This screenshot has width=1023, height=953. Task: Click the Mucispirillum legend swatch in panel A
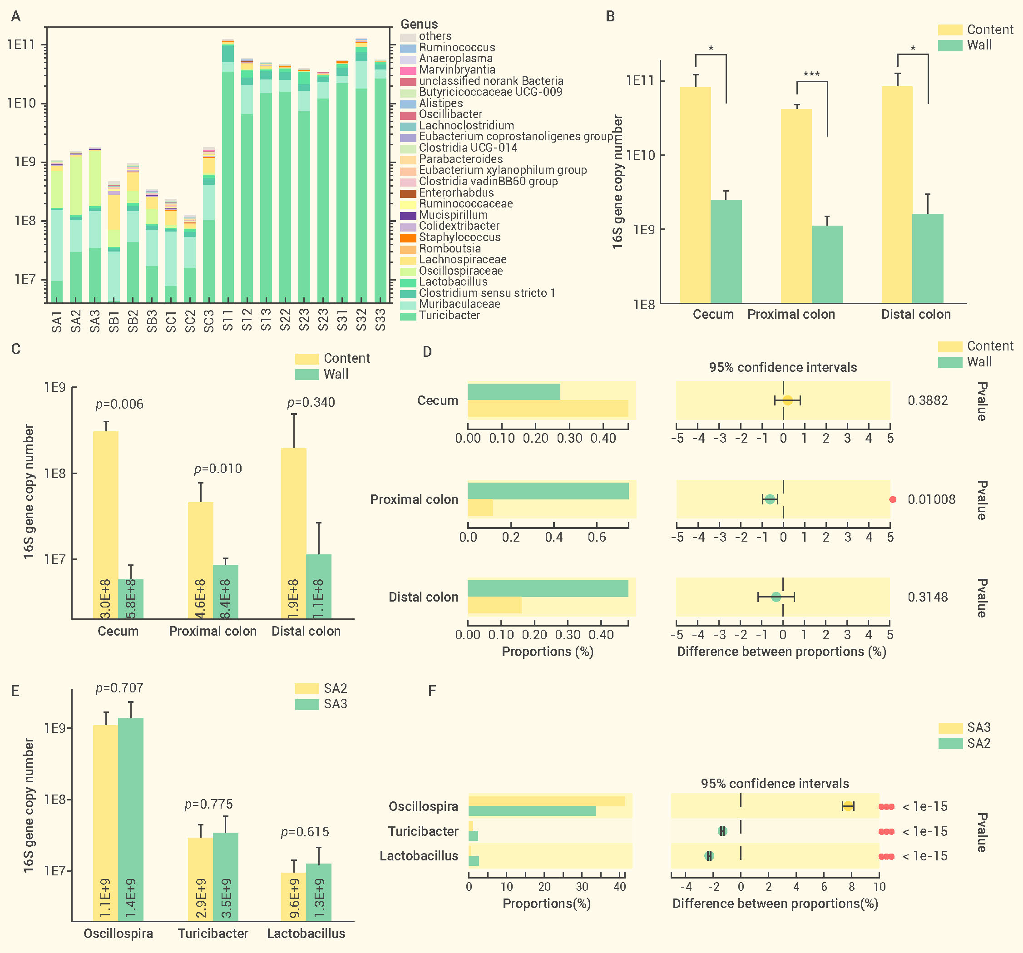[x=408, y=215]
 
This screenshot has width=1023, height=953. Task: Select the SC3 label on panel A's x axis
[x=208, y=321]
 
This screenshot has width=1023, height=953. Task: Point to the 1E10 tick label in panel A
[x=22, y=104]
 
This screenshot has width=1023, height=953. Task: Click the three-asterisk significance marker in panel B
[x=811, y=74]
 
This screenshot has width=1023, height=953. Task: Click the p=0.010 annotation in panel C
[x=217, y=469]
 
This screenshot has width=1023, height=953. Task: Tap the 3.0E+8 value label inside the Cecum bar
[x=105, y=599]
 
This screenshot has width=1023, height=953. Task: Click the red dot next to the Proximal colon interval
[x=893, y=499]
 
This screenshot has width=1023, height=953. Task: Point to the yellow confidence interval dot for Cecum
[x=787, y=400]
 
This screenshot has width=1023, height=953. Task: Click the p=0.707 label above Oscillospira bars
[x=119, y=688]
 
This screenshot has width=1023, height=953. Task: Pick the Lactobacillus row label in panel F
[x=419, y=856]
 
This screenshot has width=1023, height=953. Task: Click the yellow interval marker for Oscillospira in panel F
[x=848, y=806]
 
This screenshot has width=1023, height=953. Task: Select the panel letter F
[x=432, y=691]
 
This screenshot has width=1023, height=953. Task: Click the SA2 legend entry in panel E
[x=321, y=688]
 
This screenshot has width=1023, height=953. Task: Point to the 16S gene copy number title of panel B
[x=618, y=182]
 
